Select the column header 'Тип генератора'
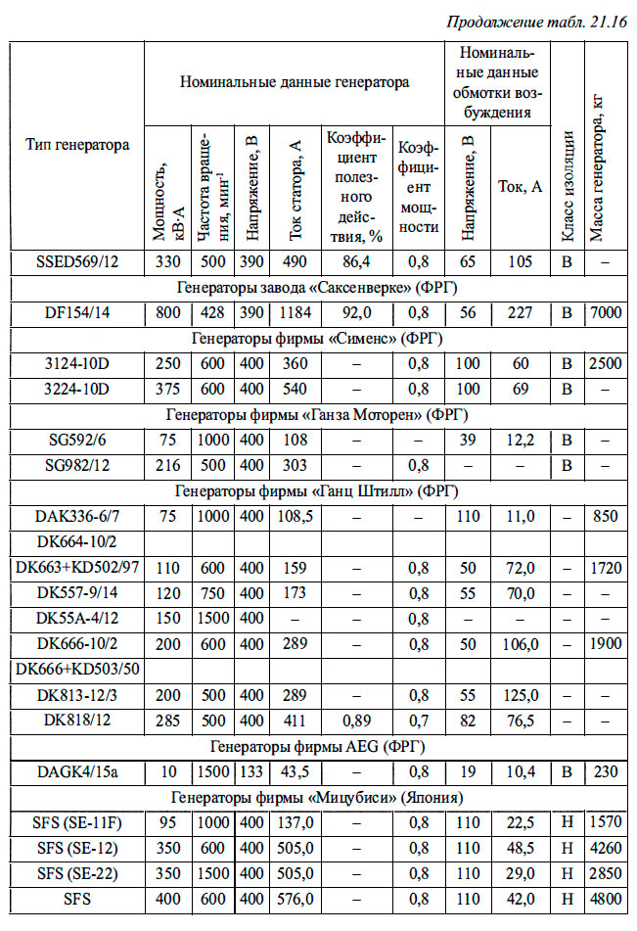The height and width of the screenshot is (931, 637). [x=77, y=144]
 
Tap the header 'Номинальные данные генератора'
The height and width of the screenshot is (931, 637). [x=294, y=82]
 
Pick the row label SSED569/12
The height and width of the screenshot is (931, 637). [x=77, y=261]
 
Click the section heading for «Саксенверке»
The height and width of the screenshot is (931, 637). [x=317, y=287]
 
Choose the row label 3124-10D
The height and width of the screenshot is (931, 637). [x=77, y=363]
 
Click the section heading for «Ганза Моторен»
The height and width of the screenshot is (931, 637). [x=317, y=414]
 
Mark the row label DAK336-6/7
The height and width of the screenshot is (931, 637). [x=77, y=515]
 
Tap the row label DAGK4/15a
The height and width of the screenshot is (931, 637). [x=77, y=770]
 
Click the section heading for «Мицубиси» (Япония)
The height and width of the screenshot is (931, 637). [x=317, y=795]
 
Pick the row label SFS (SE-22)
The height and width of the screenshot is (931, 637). [x=77, y=871]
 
